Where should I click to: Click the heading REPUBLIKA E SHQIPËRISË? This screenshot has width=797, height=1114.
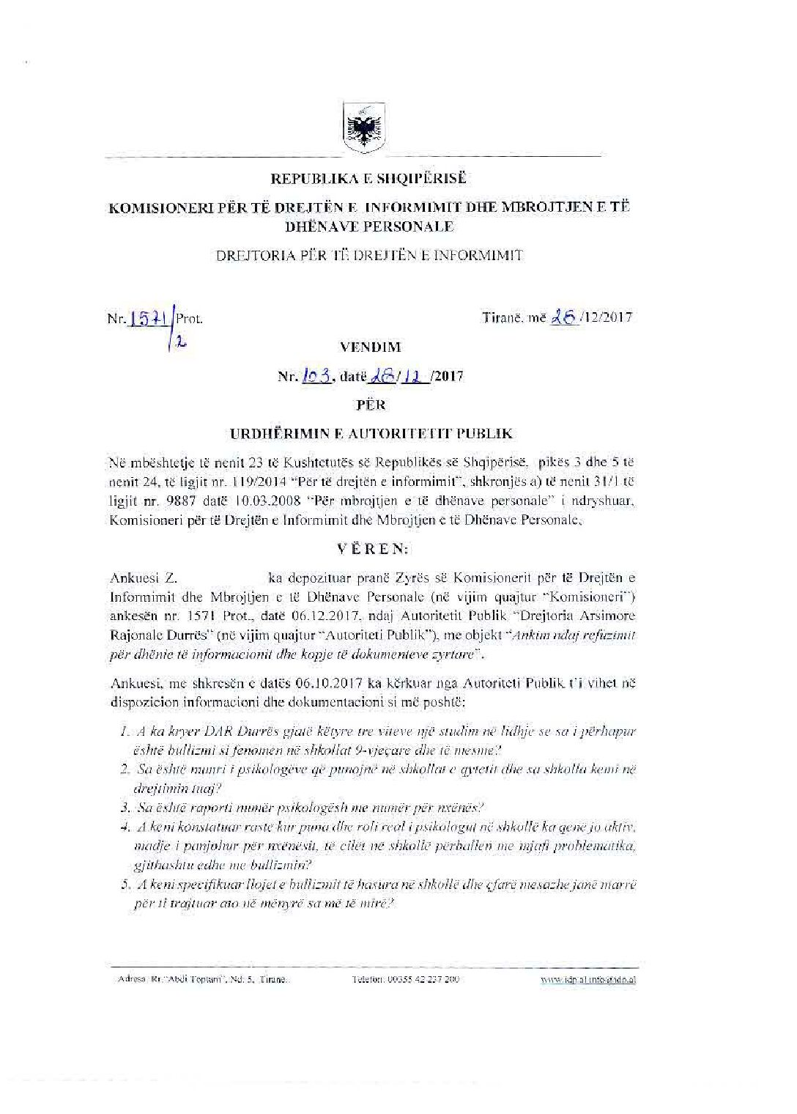tap(368, 179)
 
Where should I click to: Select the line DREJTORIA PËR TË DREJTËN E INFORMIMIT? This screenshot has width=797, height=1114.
tap(369, 255)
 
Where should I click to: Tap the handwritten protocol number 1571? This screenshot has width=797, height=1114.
tap(149, 317)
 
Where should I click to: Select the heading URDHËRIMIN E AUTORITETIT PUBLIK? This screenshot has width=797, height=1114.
tap(371, 434)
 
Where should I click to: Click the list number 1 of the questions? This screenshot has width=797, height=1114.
tap(125, 731)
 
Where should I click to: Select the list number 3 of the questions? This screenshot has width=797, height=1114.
tap(125, 808)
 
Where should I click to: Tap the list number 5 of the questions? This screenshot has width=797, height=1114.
tap(125, 885)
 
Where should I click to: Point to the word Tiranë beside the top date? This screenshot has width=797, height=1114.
tap(503, 318)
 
